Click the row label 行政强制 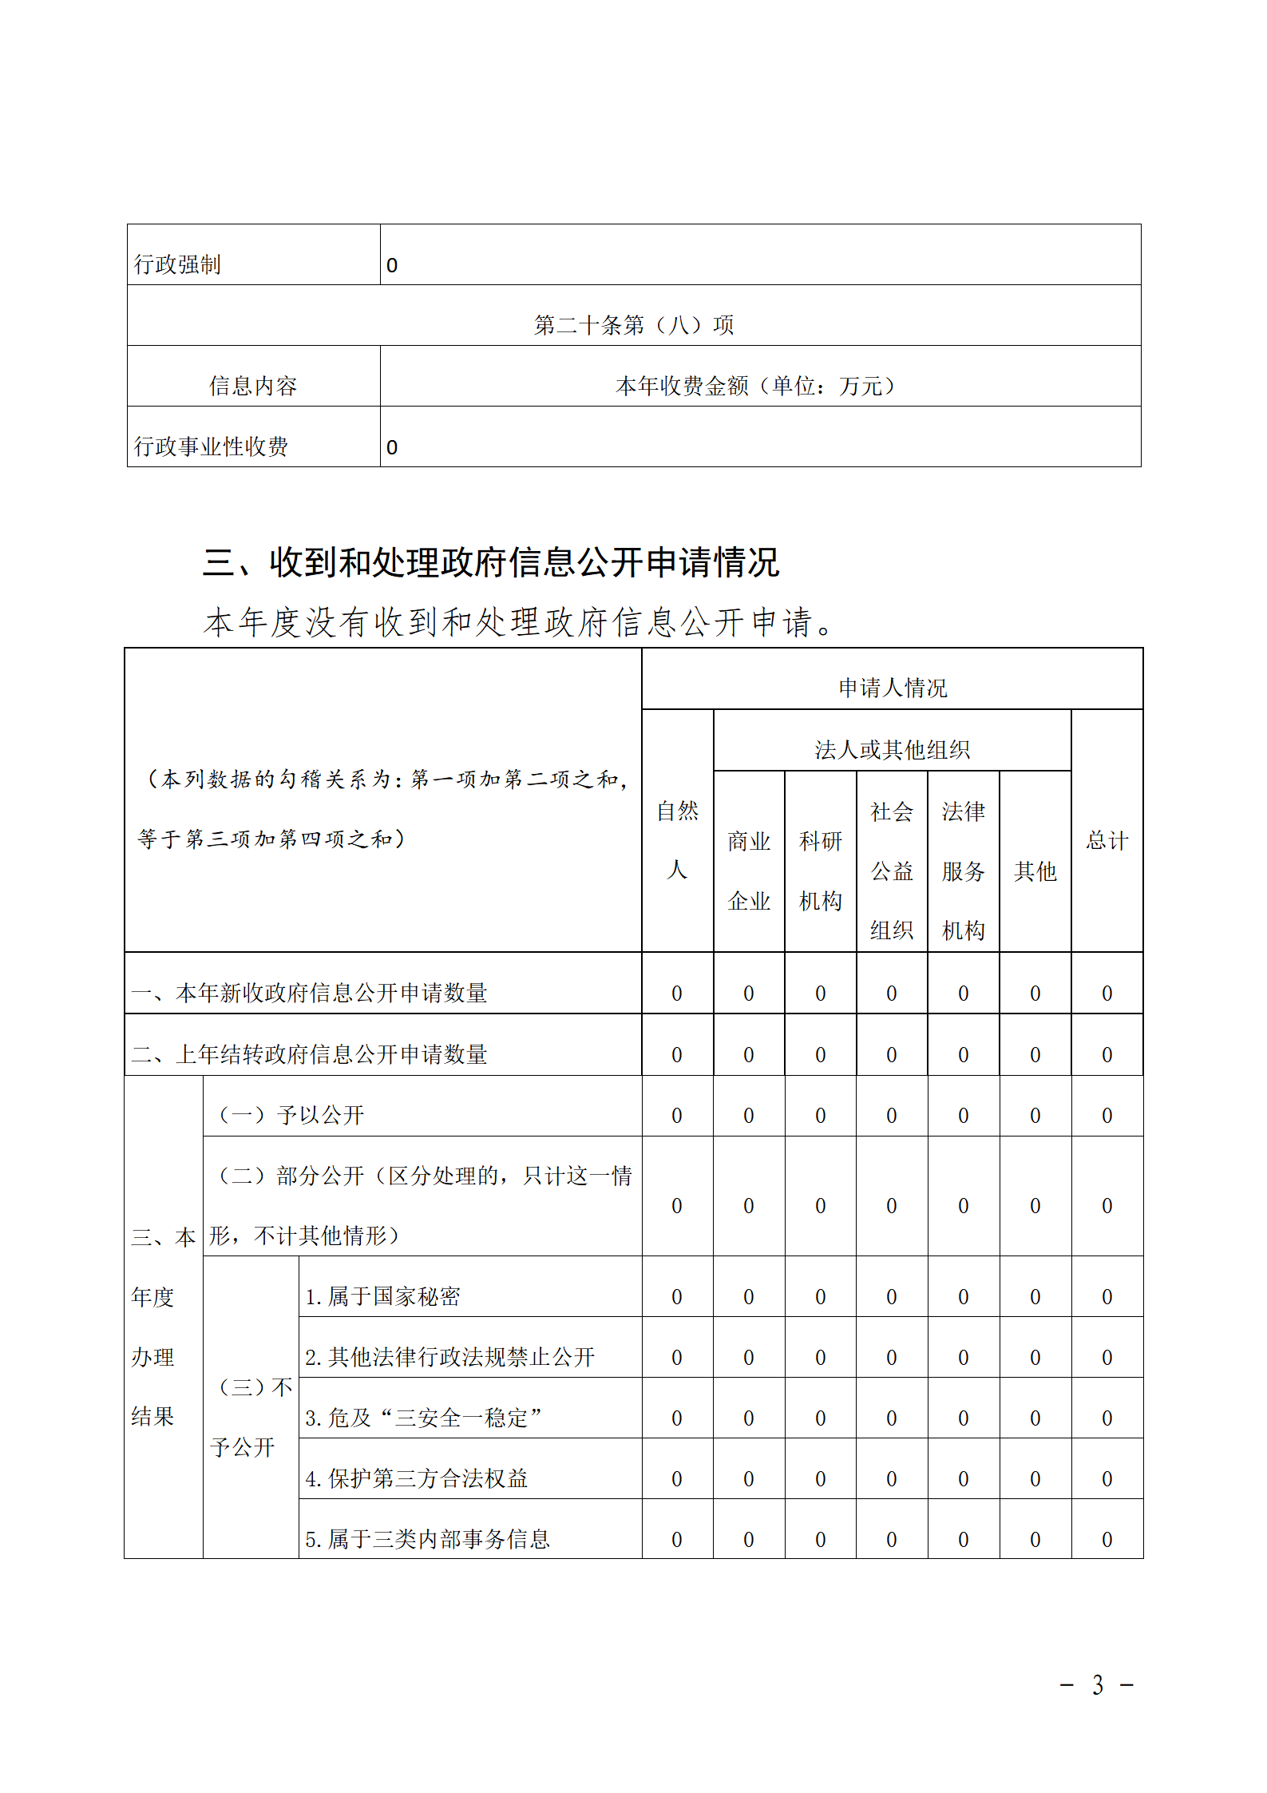(177, 264)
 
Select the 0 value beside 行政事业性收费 (392, 447)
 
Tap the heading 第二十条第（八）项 (633, 325)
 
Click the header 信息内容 (253, 386)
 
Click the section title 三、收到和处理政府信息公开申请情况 (491, 562)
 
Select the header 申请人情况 (892, 688)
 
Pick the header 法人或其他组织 (892, 749)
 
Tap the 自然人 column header (677, 839)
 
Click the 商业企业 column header (749, 871)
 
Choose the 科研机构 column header (821, 871)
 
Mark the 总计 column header (1107, 840)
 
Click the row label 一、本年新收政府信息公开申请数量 (310, 993)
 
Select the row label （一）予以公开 (291, 1115)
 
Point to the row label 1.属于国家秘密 (383, 1296)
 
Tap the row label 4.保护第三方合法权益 (417, 1478)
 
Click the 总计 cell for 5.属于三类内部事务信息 (1107, 1539)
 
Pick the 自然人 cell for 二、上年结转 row (677, 1054)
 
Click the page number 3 (1098, 1684)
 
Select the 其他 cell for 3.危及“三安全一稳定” (1035, 1418)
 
